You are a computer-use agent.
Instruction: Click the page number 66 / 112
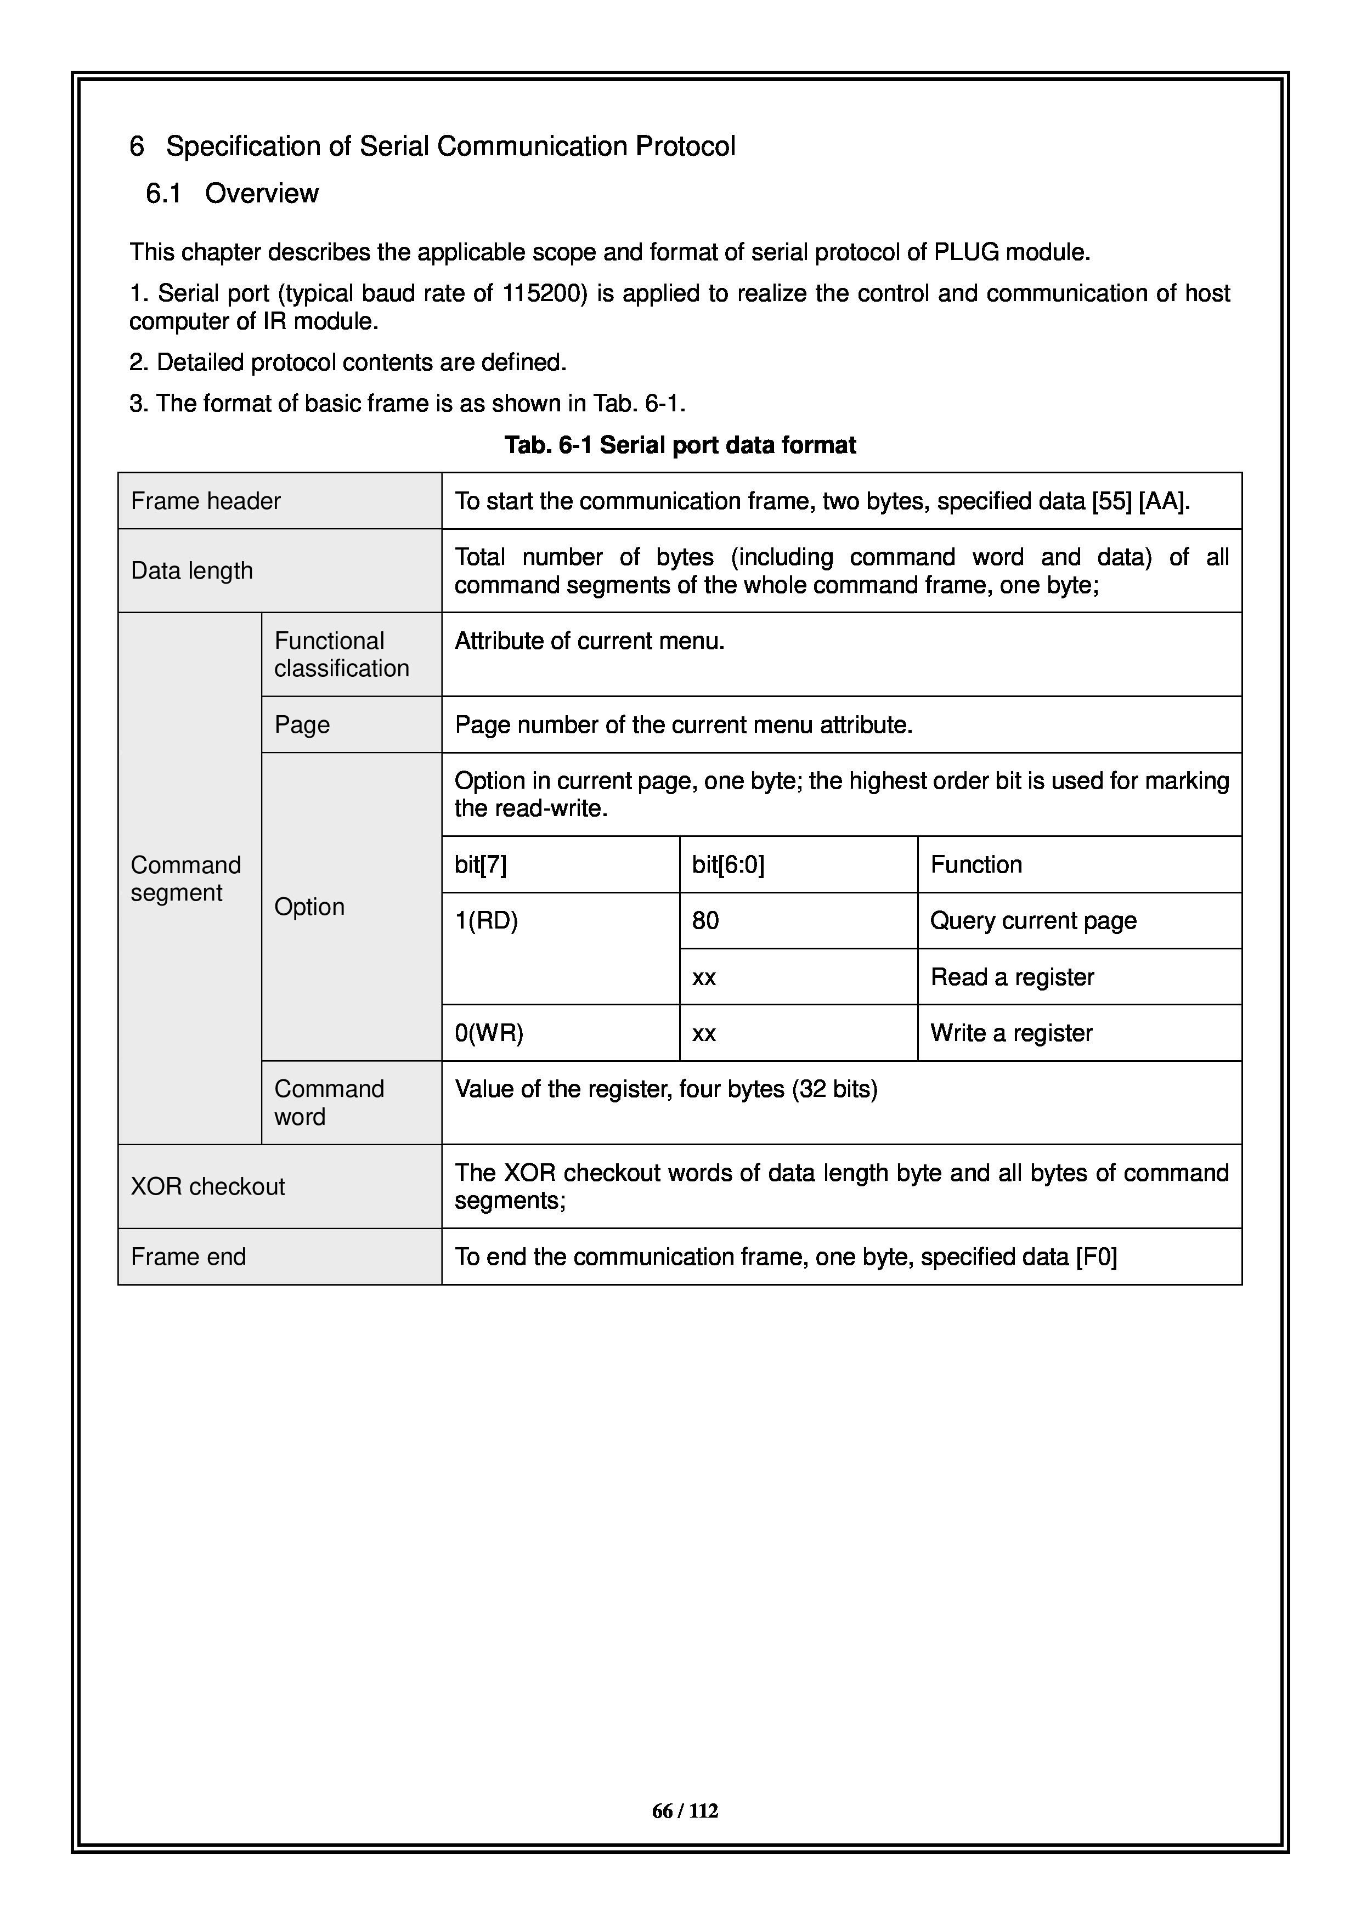[x=685, y=1811]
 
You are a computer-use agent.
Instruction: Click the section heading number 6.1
[x=163, y=194]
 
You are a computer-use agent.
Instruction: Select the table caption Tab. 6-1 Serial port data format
[x=680, y=445]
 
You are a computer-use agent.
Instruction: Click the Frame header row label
[x=205, y=501]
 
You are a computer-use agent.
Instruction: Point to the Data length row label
[x=192, y=570]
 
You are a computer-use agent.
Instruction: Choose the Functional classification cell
[x=341, y=654]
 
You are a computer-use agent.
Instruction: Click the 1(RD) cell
[x=486, y=921]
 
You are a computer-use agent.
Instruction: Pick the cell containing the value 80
[x=705, y=921]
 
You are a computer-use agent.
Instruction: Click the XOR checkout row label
[x=208, y=1186]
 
